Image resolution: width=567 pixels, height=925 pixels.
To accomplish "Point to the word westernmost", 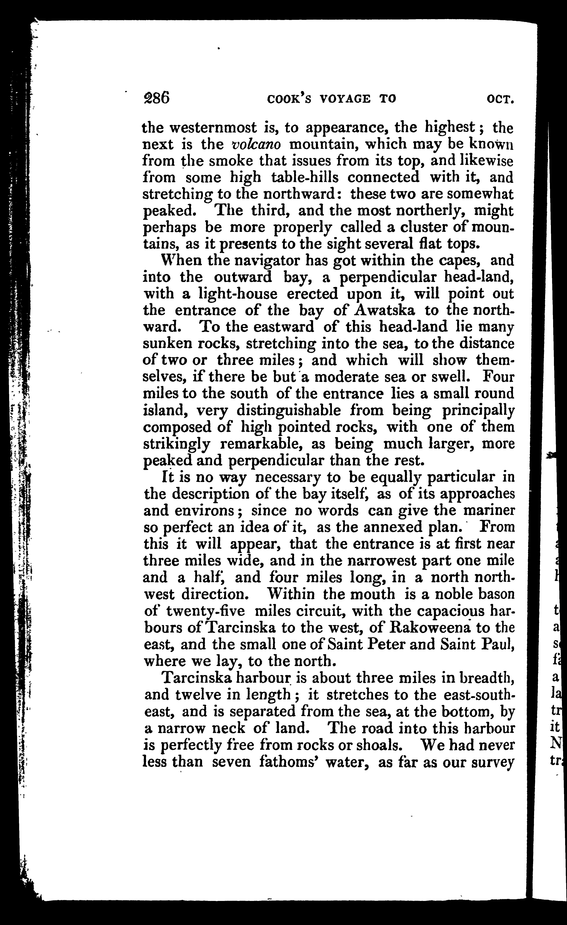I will coord(214,128).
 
